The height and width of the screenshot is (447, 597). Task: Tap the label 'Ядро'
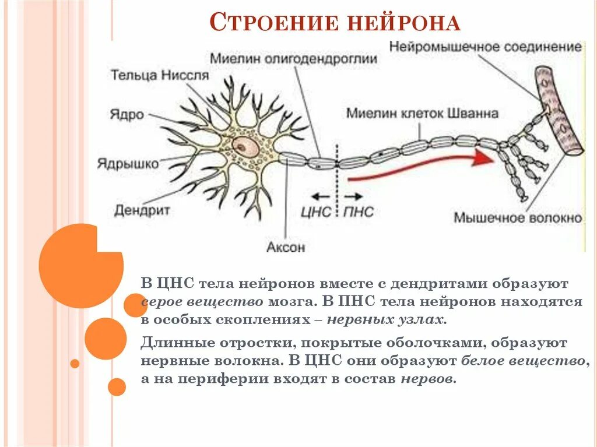point(126,114)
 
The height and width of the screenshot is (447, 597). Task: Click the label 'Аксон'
point(286,247)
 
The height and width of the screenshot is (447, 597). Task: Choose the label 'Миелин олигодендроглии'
point(293,59)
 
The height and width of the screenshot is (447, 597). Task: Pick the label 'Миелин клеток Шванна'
point(422,113)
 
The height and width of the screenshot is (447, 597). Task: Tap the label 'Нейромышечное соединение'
point(485,47)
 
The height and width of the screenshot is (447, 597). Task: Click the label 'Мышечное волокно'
point(518,218)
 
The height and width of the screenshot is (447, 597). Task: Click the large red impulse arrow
point(420,166)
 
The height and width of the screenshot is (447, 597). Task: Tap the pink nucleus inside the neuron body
point(245,147)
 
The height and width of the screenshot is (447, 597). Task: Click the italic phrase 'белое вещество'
point(522,360)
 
